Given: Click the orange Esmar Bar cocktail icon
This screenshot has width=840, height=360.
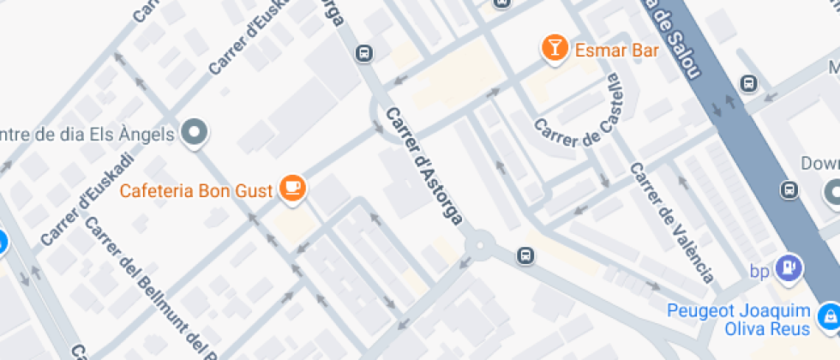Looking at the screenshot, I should click(555, 49).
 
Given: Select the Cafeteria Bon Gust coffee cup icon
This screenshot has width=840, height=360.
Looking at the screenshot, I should click(293, 189).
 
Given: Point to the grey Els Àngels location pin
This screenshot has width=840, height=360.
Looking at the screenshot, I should click(197, 133).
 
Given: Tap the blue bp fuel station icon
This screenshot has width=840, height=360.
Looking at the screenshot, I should click(786, 269).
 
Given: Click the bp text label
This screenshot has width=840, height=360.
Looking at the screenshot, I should click(759, 272).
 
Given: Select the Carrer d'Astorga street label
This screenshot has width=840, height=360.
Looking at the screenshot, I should click(424, 167).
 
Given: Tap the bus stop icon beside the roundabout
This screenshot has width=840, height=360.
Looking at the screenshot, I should click(525, 255).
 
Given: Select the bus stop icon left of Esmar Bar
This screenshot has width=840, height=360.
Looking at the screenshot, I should click(364, 53).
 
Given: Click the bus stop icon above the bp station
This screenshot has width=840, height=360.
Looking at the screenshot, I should click(789, 189).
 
